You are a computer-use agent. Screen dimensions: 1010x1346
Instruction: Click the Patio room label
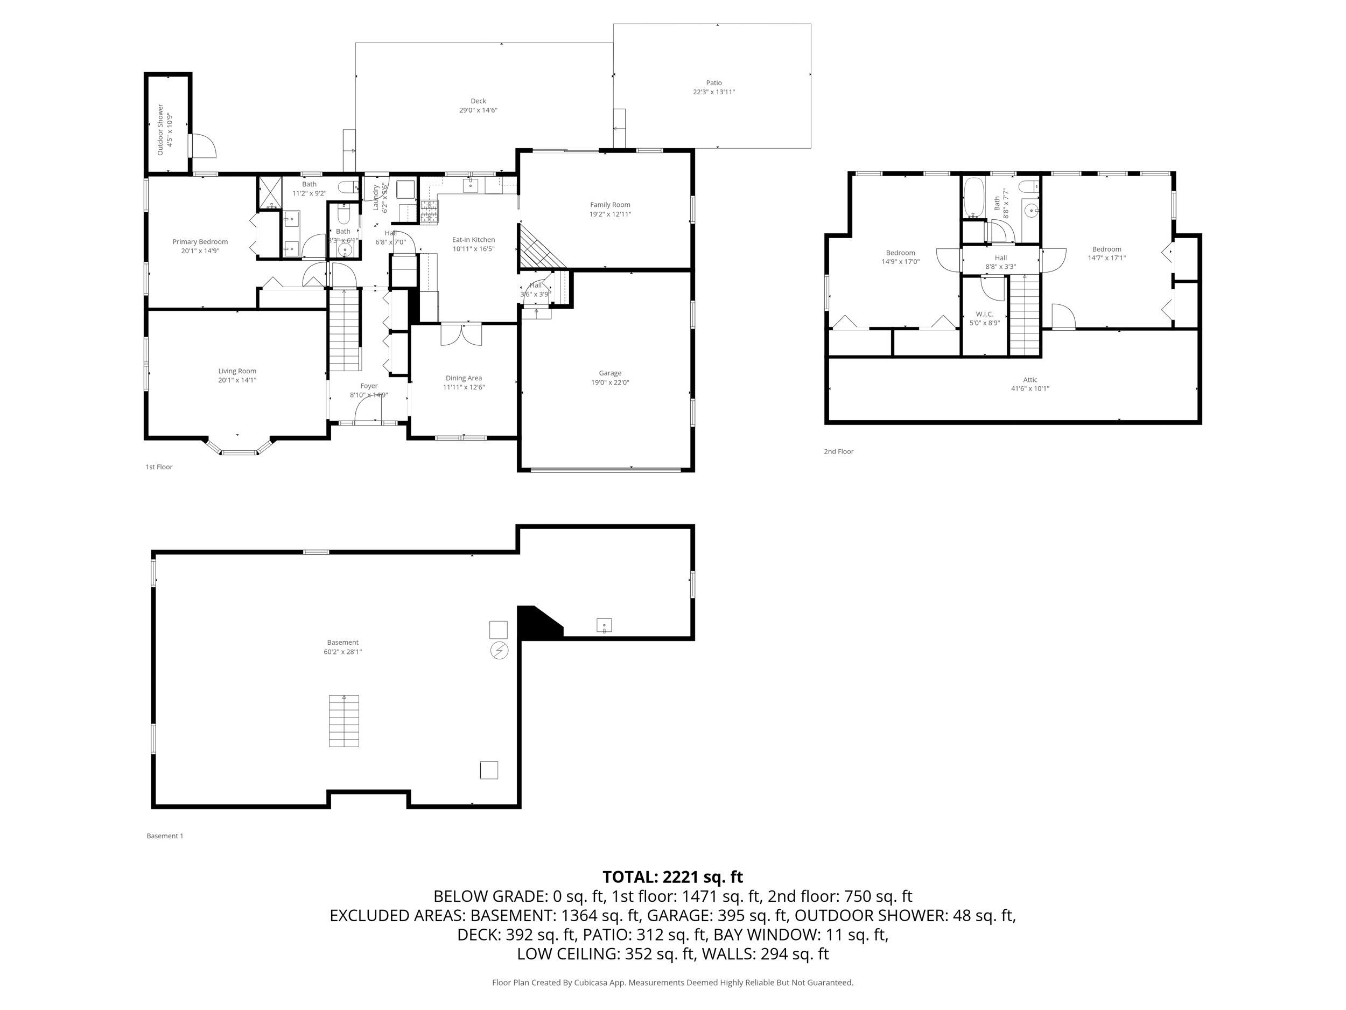714,83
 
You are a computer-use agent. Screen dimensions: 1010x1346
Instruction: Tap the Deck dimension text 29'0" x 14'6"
478,110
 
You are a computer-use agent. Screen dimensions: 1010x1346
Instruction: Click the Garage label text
609,373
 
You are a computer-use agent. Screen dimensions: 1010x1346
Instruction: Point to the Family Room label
609,205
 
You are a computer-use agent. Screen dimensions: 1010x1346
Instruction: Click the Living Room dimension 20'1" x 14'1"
237,380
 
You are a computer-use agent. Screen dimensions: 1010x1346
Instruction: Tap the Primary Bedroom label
200,242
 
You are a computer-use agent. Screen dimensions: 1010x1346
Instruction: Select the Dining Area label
463,378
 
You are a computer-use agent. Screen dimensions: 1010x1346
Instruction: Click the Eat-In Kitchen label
473,240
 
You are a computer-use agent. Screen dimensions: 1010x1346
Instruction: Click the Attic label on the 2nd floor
1029,379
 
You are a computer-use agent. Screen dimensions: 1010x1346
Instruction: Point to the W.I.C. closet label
984,314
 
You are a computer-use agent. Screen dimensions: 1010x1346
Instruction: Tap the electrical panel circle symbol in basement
499,651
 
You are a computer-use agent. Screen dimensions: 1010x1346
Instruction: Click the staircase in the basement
344,720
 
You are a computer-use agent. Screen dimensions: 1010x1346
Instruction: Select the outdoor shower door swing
203,146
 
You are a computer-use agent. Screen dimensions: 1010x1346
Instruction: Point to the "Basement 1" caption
164,836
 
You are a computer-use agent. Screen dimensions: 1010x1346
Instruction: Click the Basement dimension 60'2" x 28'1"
342,651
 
